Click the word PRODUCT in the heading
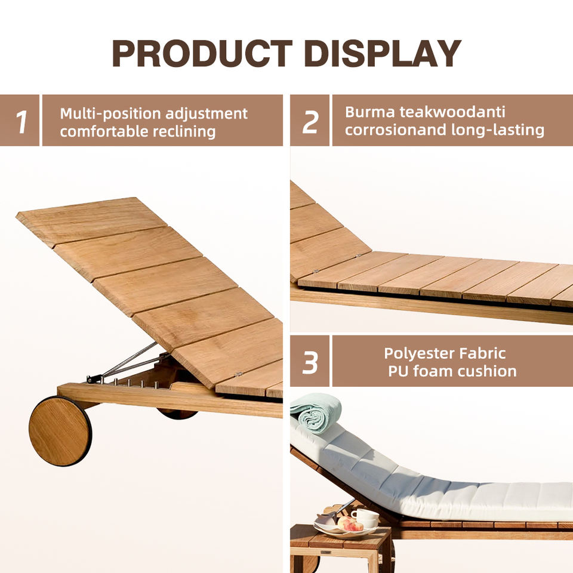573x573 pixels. coord(202,53)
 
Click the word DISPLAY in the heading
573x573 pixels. coord(382,53)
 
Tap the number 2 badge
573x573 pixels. coord(310,120)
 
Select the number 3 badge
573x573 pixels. coord(310,361)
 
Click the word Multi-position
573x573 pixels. coord(110,114)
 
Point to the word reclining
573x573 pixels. coord(184,132)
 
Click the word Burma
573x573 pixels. coord(369,112)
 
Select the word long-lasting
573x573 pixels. coord(498,130)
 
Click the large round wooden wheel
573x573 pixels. coord(60,431)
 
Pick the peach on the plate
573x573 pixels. coord(349,524)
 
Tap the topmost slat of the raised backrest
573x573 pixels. coord(91,220)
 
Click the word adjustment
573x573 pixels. coord(207,114)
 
